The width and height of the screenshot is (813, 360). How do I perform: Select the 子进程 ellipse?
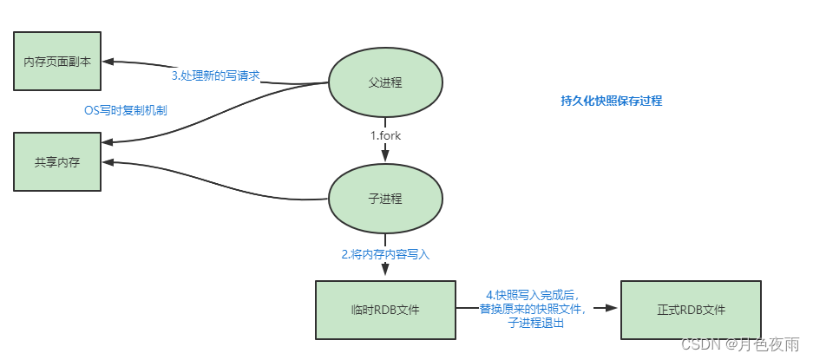tap(385, 199)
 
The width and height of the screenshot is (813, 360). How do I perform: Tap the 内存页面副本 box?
tap(58, 62)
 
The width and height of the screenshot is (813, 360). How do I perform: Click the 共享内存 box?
tap(58, 161)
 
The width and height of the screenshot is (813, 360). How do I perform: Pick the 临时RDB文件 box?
tap(385, 310)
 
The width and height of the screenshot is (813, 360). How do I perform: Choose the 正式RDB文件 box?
tap(691, 310)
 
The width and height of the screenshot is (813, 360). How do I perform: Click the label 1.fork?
tap(386, 136)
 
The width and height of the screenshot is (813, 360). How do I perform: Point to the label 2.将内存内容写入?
tap(385, 255)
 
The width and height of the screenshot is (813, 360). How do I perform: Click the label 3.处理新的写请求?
tap(215, 75)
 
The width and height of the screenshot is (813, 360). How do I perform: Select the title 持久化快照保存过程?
tap(611, 101)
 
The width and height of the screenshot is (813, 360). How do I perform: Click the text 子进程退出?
tap(536, 323)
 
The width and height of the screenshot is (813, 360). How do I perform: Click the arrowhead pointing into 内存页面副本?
tap(108, 61)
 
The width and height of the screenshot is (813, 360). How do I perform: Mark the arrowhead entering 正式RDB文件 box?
tap(613, 307)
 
